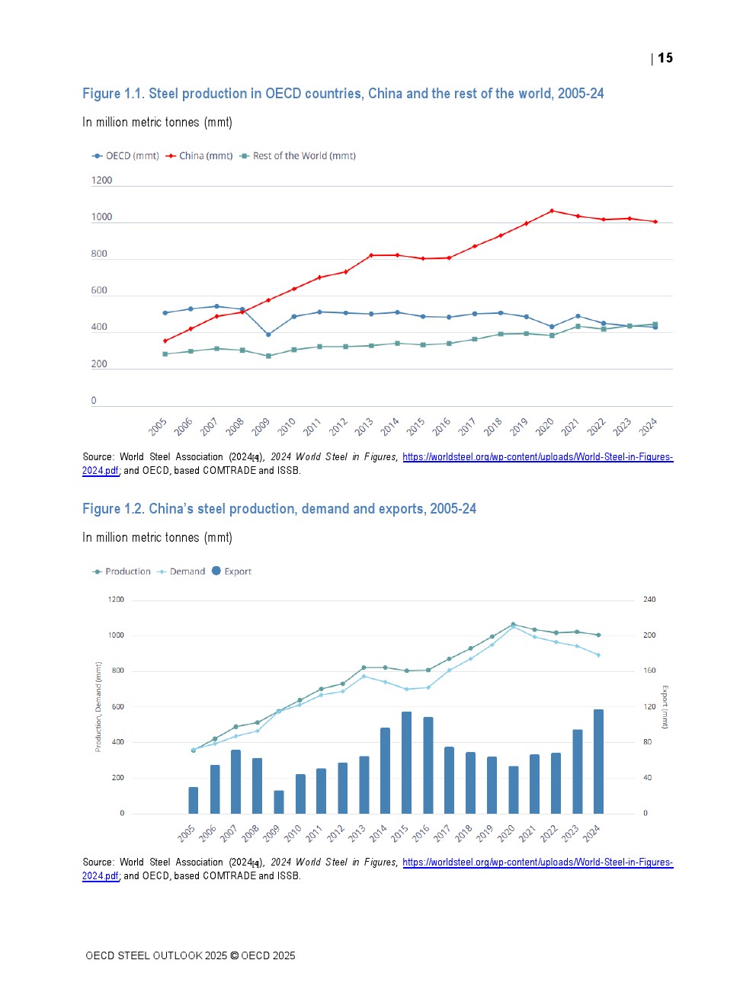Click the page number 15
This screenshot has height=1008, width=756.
[x=665, y=59]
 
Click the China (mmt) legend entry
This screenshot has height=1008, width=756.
[x=199, y=156]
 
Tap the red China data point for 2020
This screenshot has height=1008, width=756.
[x=552, y=211]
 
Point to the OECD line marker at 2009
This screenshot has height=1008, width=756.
[x=268, y=334]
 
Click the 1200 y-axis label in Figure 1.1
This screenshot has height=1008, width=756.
[x=101, y=181]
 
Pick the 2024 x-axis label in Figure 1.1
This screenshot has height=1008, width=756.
[x=649, y=427]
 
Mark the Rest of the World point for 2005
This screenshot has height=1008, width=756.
[x=165, y=354]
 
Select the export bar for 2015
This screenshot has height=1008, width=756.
[x=406, y=762]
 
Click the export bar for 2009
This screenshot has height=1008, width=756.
[x=279, y=802]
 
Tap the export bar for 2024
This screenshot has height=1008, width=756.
[x=598, y=761]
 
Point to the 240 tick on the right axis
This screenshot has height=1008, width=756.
[x=649, y=600]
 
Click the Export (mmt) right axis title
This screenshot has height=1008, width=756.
[x=665, y=707]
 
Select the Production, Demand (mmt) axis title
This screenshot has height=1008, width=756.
[x=98, y=707]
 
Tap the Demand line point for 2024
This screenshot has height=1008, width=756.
[x=598, y=655]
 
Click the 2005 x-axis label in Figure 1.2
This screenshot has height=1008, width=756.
[x=187, y=834]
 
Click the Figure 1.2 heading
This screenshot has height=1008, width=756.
[x=279, y=509]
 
